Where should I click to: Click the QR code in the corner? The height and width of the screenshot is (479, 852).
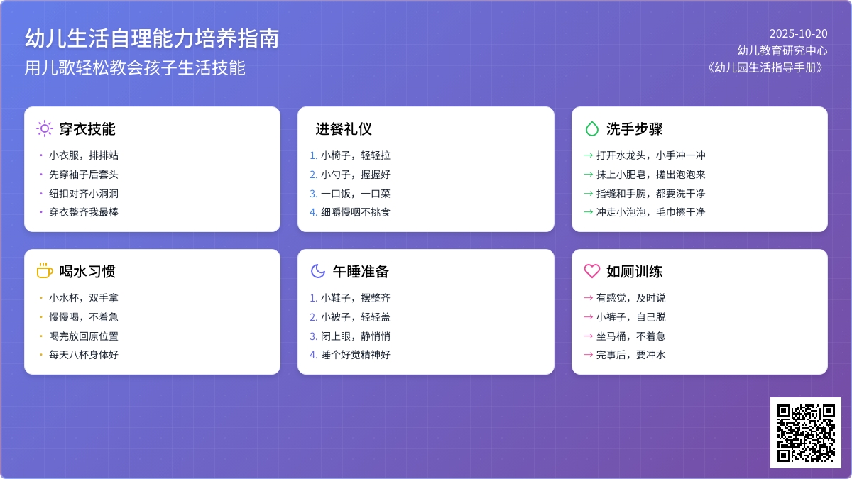[806, 433]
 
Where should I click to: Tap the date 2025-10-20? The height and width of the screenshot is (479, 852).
[798, 34]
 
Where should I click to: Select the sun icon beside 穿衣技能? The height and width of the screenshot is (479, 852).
[45, 128]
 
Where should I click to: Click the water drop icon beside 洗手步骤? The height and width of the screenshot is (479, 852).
[591, 128]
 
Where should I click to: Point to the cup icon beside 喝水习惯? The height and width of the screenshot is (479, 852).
[45, 270]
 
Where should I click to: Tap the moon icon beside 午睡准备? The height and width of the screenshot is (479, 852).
[318, 271]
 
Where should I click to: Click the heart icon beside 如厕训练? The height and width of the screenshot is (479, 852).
[592, 271]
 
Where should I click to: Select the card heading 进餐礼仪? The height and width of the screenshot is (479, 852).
[344, 129]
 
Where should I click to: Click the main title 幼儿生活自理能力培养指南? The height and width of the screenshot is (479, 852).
[152, 38]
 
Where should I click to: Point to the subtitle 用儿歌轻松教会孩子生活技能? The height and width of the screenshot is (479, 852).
[135, 68]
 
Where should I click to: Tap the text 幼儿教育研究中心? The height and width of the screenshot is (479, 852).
[782, 50]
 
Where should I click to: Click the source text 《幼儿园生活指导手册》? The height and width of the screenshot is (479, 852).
[766, 67]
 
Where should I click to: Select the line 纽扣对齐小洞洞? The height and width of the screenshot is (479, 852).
[84, 194]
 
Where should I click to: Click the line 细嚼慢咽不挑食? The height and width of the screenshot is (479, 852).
[356, 212]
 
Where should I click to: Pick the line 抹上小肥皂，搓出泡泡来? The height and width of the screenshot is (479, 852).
[651, 175]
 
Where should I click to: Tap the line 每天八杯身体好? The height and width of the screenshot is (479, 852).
[84, 355]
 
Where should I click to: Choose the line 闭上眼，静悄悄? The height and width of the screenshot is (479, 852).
[356, 336]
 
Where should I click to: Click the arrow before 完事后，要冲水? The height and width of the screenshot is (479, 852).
[588, 355]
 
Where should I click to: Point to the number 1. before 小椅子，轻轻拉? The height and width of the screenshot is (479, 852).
[313, 155]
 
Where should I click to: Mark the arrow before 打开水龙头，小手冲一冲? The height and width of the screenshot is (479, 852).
[588, 155]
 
